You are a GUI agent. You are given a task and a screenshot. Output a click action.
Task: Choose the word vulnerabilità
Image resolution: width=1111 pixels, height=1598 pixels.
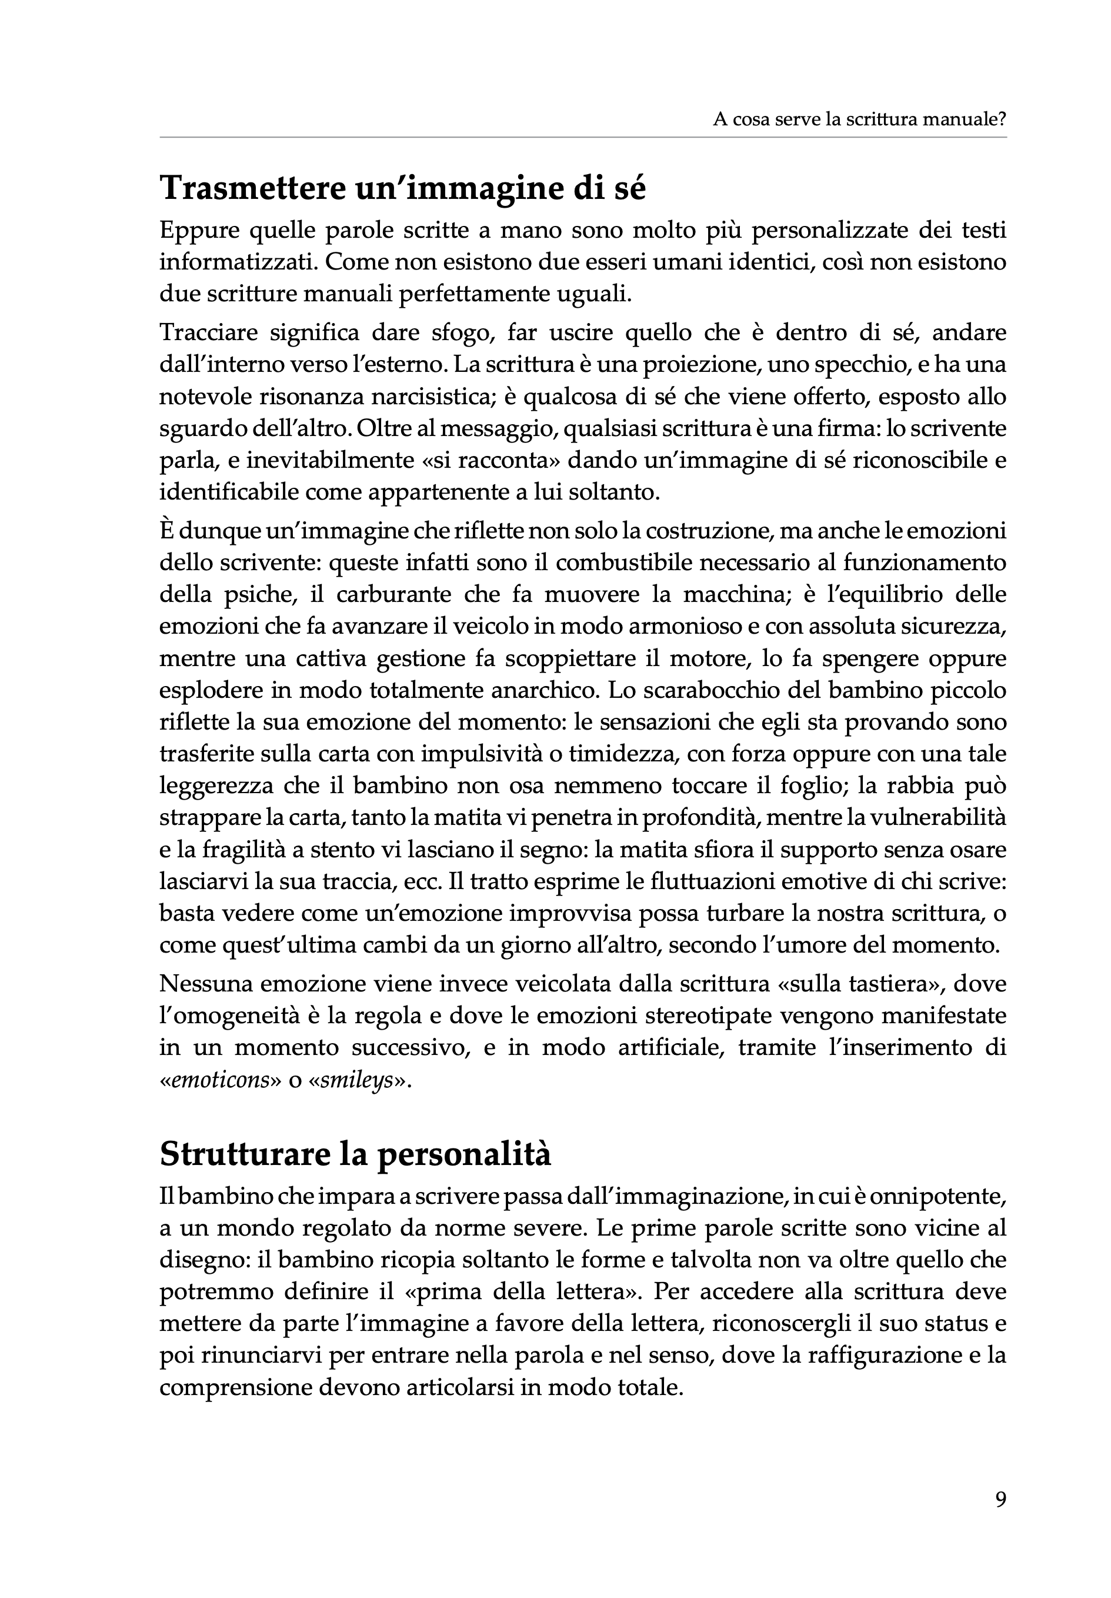point(936,818)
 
